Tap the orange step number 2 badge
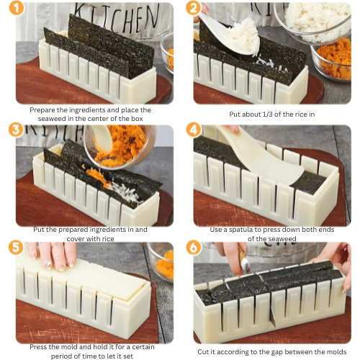click(193, 9)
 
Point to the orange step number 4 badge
click(193, 131)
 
